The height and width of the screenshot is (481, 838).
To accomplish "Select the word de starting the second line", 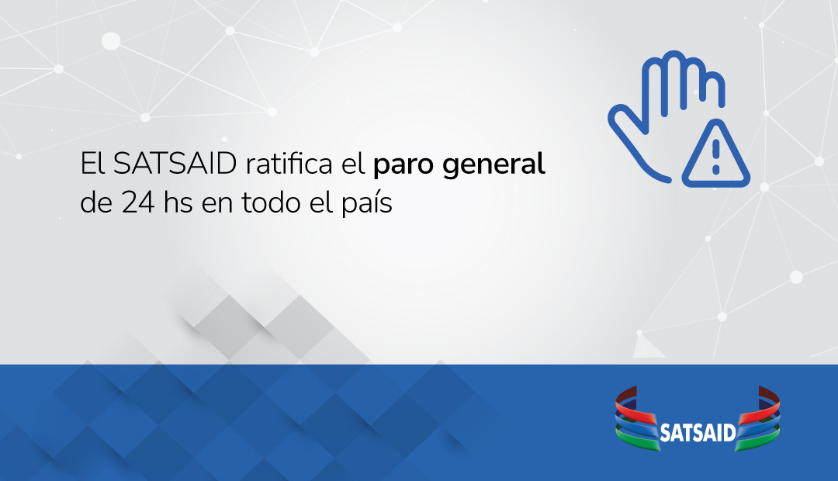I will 95,204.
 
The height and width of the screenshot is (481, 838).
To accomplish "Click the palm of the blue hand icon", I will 660,132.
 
